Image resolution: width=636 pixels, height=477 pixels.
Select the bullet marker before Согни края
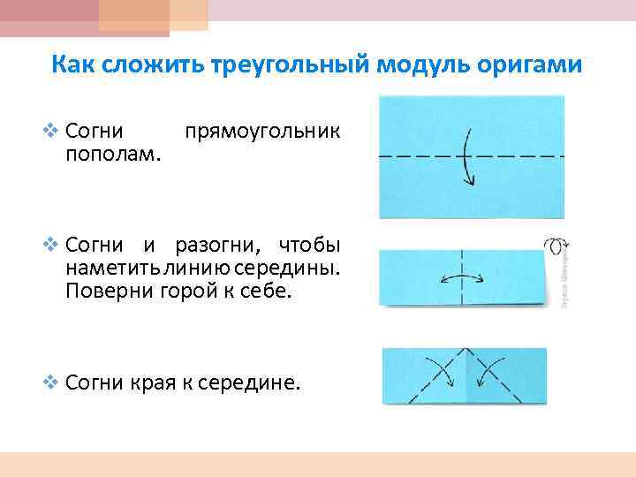pos(50,382)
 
